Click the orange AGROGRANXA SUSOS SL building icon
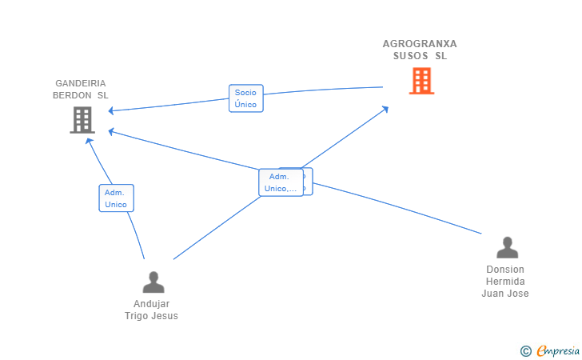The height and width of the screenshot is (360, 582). coord(421,81)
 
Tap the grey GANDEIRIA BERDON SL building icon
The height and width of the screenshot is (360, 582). coord(82,120)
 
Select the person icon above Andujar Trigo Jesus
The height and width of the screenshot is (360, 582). coord(153,282)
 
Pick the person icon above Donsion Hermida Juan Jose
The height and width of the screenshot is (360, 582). coord(507,247)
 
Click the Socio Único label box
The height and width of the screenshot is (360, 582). coord(245,98)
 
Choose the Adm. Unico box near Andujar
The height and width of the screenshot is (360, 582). coord(116,198)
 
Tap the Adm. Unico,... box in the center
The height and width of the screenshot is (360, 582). coord(280,182)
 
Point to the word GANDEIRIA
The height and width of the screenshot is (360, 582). coord(81,83)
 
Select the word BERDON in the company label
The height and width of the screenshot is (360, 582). coord(73,95)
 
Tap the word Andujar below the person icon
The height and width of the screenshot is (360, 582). coord(151,304)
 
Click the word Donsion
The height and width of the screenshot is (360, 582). coord(505,270)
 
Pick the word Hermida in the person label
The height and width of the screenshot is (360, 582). coord(505,282)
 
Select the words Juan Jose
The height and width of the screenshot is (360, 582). coord(505,294)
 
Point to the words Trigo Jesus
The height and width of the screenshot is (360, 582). coord(151,315)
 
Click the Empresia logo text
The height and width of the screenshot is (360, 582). coord(558,350)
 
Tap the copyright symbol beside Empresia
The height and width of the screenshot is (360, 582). coord(525,350)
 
